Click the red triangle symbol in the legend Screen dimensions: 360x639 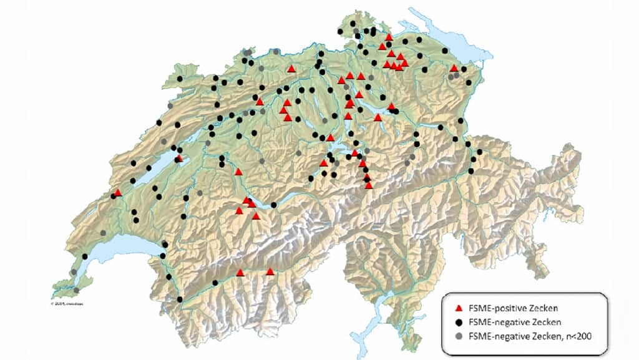click(459, 308)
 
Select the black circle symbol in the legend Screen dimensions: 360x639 click(459, 322)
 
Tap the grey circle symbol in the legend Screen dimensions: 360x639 click(459, 336)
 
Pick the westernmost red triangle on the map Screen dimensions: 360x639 click(118, 193)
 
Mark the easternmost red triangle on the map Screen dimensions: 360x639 click(454, 68)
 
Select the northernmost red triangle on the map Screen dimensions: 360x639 click(389, 37)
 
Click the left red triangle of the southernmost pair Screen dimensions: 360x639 click(241, 272)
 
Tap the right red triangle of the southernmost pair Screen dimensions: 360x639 click(270, 271)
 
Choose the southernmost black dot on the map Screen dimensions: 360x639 click(180, 300)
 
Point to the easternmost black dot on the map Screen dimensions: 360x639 click(480, 152)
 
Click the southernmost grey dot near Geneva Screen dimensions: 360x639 click(76, 290)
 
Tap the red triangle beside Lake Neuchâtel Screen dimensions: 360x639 click(180, 158)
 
